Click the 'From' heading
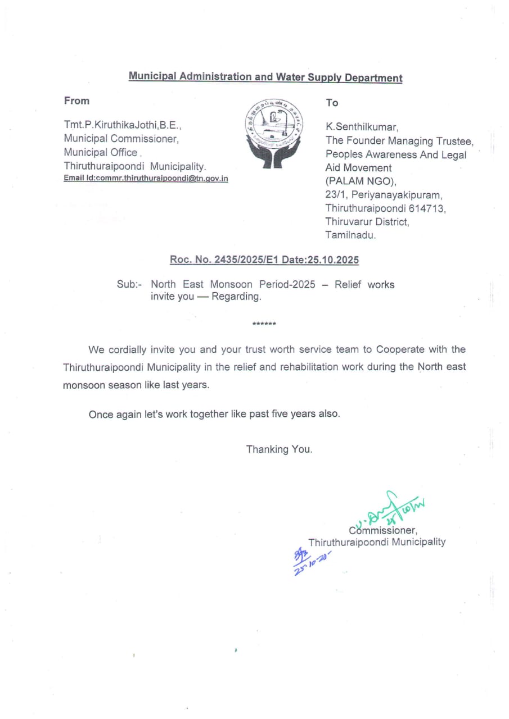point(76,101)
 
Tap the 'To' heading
point(332,103)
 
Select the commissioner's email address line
point(146,179)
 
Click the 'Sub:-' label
point(129,285)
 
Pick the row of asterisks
point(264,324)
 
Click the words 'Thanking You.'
point(279,449)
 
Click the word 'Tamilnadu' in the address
point(350,235)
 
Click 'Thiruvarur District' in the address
point(367,222)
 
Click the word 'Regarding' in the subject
point(236,297)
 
